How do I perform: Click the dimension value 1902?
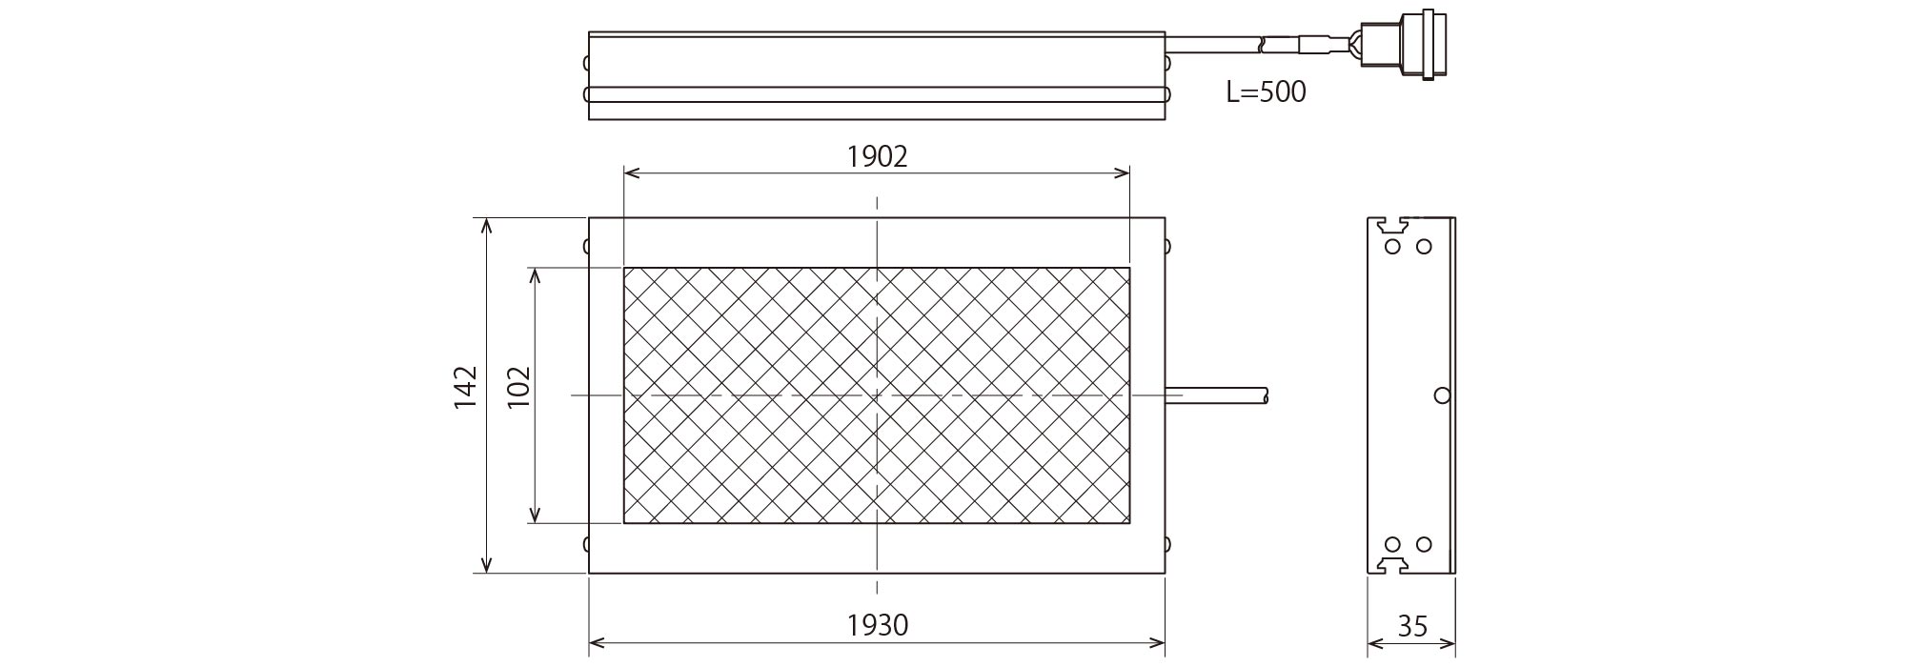(877, 156)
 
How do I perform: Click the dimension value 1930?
(878, 625)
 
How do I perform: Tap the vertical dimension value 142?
(465, 387)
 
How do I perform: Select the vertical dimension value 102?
(518, 387)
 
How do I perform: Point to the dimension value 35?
(1412, 626)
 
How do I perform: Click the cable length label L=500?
(1266, 92)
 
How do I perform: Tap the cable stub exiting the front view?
(1217, 394)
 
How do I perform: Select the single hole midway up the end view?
(1442, 394)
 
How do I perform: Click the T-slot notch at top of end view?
(1390, 226)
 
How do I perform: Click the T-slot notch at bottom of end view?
(1390, 566)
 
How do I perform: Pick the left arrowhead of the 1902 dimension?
(631, 173)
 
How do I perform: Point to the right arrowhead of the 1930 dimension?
(1157, 641)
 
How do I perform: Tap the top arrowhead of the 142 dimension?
(486, 226)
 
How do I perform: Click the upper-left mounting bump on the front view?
(586, 246)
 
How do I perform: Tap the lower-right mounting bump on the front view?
(1167, 544)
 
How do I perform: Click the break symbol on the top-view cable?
(1264, 43)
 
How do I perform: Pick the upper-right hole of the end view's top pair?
(1424, 247)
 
